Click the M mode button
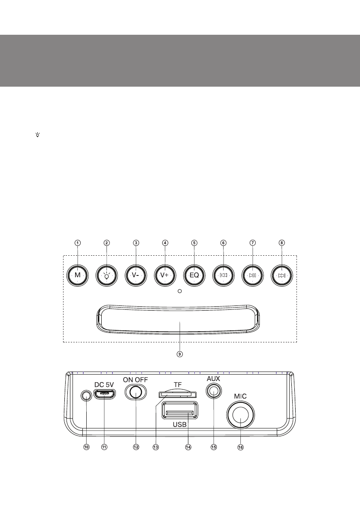pos(78,275)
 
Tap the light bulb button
pos(107,275)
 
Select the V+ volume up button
pos(165,275)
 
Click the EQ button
pos(194,275)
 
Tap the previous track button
pos(224,275)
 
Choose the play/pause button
pos(253,275)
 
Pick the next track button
pos(281,275)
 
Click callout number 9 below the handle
pos(180,354)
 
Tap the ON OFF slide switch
pos(136,392)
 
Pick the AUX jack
pos(213,391)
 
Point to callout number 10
pos(86,447)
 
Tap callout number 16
pos(240,447)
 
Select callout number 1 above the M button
pos(78,242)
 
